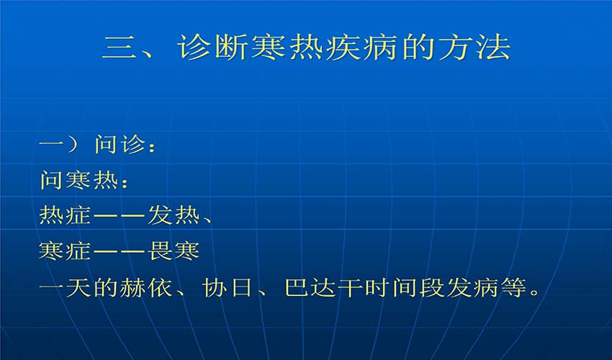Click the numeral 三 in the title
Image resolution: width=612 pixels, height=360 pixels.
(x=120, y=48)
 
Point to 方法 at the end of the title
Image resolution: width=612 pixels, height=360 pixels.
(x=474, y=48)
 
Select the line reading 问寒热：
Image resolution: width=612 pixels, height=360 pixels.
(x=84, y=181)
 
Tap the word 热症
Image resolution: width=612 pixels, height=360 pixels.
(x=66, y=215)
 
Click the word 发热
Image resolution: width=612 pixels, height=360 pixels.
(x=174, y=215)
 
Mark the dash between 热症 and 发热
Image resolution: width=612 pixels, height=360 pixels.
(x=120, y=216)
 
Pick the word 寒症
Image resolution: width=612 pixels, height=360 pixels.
(x=66, y=251)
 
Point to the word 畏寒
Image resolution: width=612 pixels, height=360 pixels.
(x=174, y=251)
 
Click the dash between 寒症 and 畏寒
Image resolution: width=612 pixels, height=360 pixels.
(x=120, y=251)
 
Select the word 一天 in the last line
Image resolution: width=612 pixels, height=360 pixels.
(x=66, y=288)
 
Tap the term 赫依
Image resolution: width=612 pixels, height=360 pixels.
(x=146, y=288)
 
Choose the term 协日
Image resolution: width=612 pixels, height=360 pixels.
(x=228, y=288)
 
